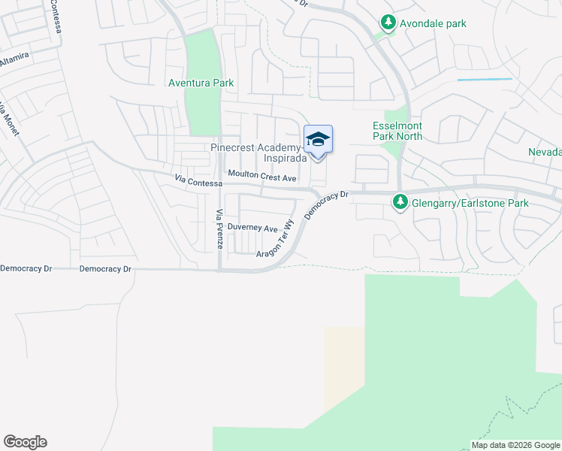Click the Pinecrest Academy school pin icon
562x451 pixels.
[x=318, y=141]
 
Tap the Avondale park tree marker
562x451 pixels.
[x=388, y=23]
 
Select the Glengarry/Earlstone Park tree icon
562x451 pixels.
[x=400, y=201]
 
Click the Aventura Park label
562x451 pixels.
[x=201, y=83]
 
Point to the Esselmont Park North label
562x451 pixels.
[x=397, y=131]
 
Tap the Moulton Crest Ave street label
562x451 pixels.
[x=262, y=178]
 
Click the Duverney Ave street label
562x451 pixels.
[x=252, y=228]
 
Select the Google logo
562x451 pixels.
[x=25, y=442]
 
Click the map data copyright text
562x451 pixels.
[x=515, y=445]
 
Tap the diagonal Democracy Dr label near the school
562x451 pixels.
[x=328, y=205]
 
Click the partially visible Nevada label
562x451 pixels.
[x=544, y=152]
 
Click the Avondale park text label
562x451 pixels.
[x=433, y=23]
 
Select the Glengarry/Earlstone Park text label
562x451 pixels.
[x=470, y=203]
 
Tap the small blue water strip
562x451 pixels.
[x=485, y=79]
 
